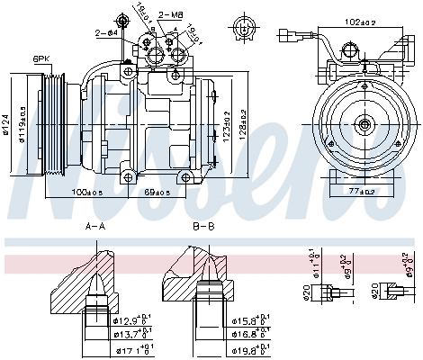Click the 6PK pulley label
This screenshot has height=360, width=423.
pos(41,59)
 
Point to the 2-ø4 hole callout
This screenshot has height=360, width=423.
pos(106,32)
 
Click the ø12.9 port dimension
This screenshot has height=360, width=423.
pos(133,320)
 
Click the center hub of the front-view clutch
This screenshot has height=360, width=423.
pos(364,125)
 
